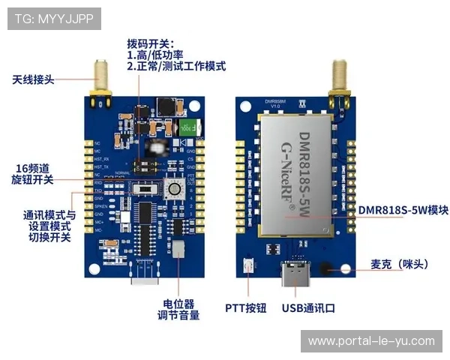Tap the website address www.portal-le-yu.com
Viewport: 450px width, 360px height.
click(x=371, y=341)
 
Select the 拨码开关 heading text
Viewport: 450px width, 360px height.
click(x=150, y=44)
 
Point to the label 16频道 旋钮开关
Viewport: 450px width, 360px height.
click(x=34, y=173)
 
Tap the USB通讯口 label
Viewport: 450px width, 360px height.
click(x=307, y=308)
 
